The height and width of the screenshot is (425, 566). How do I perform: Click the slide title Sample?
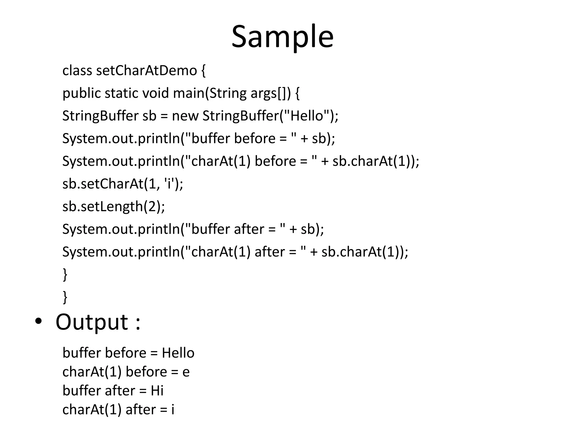[x=282, y=37]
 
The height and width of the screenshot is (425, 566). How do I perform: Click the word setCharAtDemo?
[x=146, y=71]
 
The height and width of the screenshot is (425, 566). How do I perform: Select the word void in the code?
[x=155, y=93]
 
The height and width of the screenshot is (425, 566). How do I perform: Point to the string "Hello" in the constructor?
[x=307, y=116]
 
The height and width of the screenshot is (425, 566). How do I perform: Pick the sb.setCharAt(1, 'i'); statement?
[x=123, y=184]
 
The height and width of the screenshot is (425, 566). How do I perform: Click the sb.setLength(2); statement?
[x=114, y=206]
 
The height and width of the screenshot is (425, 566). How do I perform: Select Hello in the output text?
[x=178, y=353]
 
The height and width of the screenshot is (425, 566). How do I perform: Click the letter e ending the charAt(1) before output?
[x=186, y=372]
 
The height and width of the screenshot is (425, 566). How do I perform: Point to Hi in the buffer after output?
[x=157, y=391]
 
